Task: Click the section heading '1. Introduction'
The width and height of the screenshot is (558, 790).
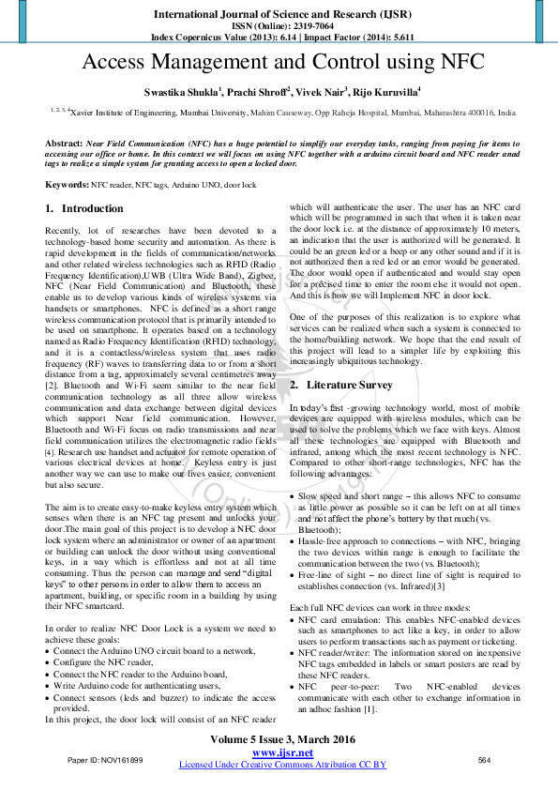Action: tap(85, 208)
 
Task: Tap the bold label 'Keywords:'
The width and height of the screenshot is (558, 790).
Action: tap(67, 185)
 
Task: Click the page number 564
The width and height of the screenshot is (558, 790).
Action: tap(485, 759)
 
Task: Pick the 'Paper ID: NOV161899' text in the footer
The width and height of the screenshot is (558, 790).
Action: tap(105, 759)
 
